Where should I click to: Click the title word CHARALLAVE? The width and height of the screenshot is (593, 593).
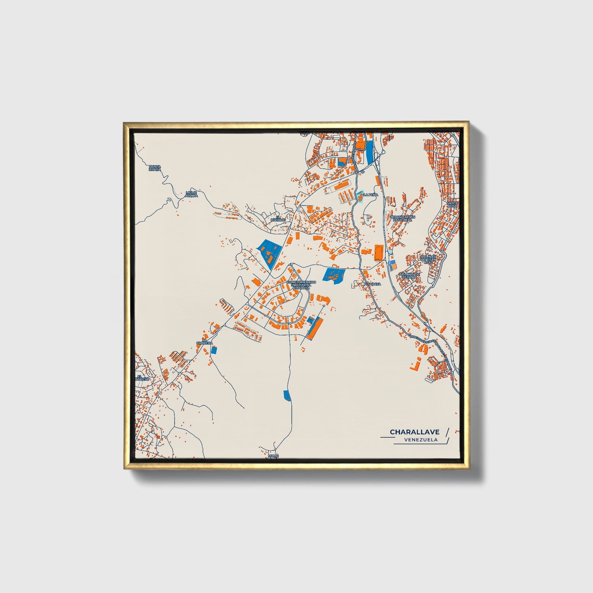click(414, 432)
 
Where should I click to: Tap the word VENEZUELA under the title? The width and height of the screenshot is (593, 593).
click(420, 440)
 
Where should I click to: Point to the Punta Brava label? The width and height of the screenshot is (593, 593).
click(155, 168)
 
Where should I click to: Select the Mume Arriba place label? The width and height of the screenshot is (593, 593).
click(191, 194)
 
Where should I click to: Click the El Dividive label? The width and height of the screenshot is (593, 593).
click(277, 218)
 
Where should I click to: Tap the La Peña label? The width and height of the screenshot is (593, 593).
click(370, 195)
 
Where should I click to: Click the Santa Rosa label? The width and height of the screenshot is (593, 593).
click(453, 204)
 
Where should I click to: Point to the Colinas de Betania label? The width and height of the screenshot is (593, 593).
click(410, 275)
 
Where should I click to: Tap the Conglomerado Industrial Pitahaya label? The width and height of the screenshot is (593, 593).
click(301, 285)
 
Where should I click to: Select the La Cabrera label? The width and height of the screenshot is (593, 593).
click(204, 341)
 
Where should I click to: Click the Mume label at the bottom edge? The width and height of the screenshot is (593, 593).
click(273, 456)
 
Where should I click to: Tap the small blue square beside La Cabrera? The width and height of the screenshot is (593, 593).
click(213, 350)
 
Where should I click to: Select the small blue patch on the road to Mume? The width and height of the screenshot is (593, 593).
click(287, 396)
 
